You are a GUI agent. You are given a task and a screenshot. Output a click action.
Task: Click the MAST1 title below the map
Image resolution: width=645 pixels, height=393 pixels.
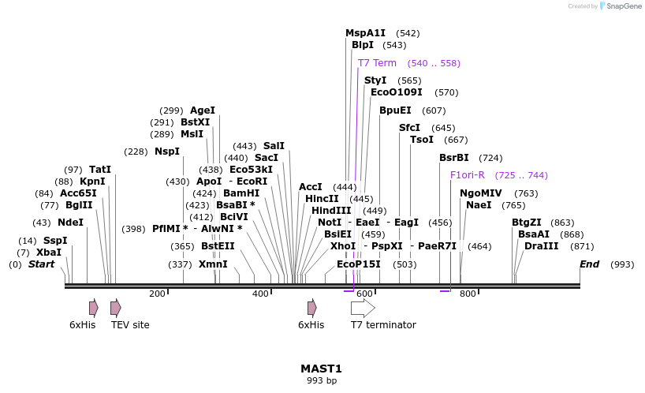click(321, 369)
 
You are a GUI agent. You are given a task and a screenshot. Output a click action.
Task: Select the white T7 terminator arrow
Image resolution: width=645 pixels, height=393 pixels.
click(363, 308)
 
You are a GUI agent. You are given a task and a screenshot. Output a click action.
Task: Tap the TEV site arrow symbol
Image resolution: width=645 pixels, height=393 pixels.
click(116, 308)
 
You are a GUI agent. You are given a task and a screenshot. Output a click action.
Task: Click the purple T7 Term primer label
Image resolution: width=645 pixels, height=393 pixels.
click(377, 63)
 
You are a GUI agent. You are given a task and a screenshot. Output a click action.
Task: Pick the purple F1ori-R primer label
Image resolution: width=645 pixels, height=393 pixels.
click(468, 175)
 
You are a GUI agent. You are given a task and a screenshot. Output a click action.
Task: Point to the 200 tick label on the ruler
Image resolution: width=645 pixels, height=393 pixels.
click(157, 294)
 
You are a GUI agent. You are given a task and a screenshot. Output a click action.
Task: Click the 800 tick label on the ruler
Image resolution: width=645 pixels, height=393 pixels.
click(468, 294)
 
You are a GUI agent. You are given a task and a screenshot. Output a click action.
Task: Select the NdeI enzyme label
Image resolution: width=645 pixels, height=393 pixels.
click(70, 223)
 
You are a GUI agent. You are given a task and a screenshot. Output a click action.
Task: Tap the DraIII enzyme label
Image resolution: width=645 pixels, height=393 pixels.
click(541, 246)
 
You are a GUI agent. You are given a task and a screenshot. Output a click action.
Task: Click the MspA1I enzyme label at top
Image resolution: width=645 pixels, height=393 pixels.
click(366, 33)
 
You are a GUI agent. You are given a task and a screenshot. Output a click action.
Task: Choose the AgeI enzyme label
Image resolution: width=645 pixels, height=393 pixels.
click(203, 110)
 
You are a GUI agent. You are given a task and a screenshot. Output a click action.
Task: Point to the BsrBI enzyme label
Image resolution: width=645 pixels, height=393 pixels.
click(454, 158)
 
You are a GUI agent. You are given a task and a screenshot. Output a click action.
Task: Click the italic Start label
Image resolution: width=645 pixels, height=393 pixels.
click(42, 264)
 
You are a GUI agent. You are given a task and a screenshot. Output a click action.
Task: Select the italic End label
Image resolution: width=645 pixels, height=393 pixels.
click(590, 264)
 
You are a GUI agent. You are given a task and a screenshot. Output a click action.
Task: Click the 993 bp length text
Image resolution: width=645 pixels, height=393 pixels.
click(321, 381)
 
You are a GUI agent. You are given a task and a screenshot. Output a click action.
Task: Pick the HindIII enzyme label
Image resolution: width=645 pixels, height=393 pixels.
click(331, 211)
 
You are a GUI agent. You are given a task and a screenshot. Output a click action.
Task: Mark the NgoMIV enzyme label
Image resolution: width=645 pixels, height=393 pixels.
click(481, 193)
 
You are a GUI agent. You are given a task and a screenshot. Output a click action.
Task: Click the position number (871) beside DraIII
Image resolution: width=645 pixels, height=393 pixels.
click(579, 246)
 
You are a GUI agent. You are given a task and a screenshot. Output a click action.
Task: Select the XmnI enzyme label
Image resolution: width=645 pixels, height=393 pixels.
click(213, 264)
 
